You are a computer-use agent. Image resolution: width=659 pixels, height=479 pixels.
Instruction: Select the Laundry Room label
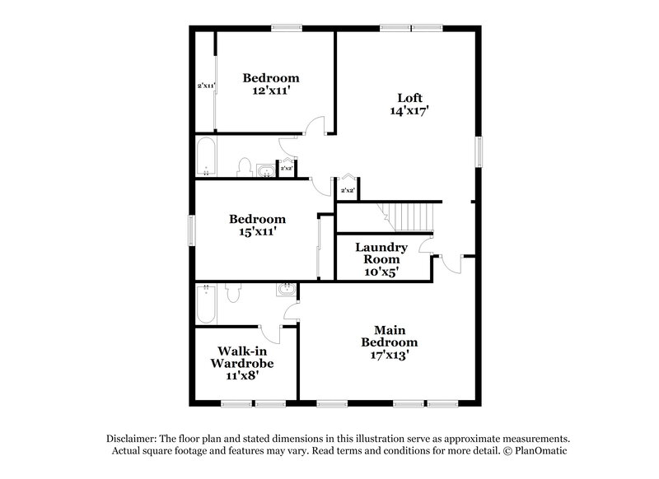381,253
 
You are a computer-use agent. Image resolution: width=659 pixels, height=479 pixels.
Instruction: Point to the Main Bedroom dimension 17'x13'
385,355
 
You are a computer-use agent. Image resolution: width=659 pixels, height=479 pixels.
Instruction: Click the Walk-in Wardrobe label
241,356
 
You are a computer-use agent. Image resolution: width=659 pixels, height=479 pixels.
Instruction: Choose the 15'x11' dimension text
257,232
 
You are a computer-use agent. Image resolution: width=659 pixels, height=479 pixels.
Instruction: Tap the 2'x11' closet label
206,85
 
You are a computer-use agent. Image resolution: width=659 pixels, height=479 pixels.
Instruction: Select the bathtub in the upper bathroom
206,157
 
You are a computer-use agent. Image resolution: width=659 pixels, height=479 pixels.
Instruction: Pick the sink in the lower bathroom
286,290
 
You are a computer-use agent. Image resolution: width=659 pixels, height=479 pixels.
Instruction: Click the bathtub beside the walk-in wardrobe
206,304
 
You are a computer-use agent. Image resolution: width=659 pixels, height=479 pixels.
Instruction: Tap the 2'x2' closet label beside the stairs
348,191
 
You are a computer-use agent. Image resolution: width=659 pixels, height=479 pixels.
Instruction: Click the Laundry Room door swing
425,245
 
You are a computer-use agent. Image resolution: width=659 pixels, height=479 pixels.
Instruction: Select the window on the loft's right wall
479,151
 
